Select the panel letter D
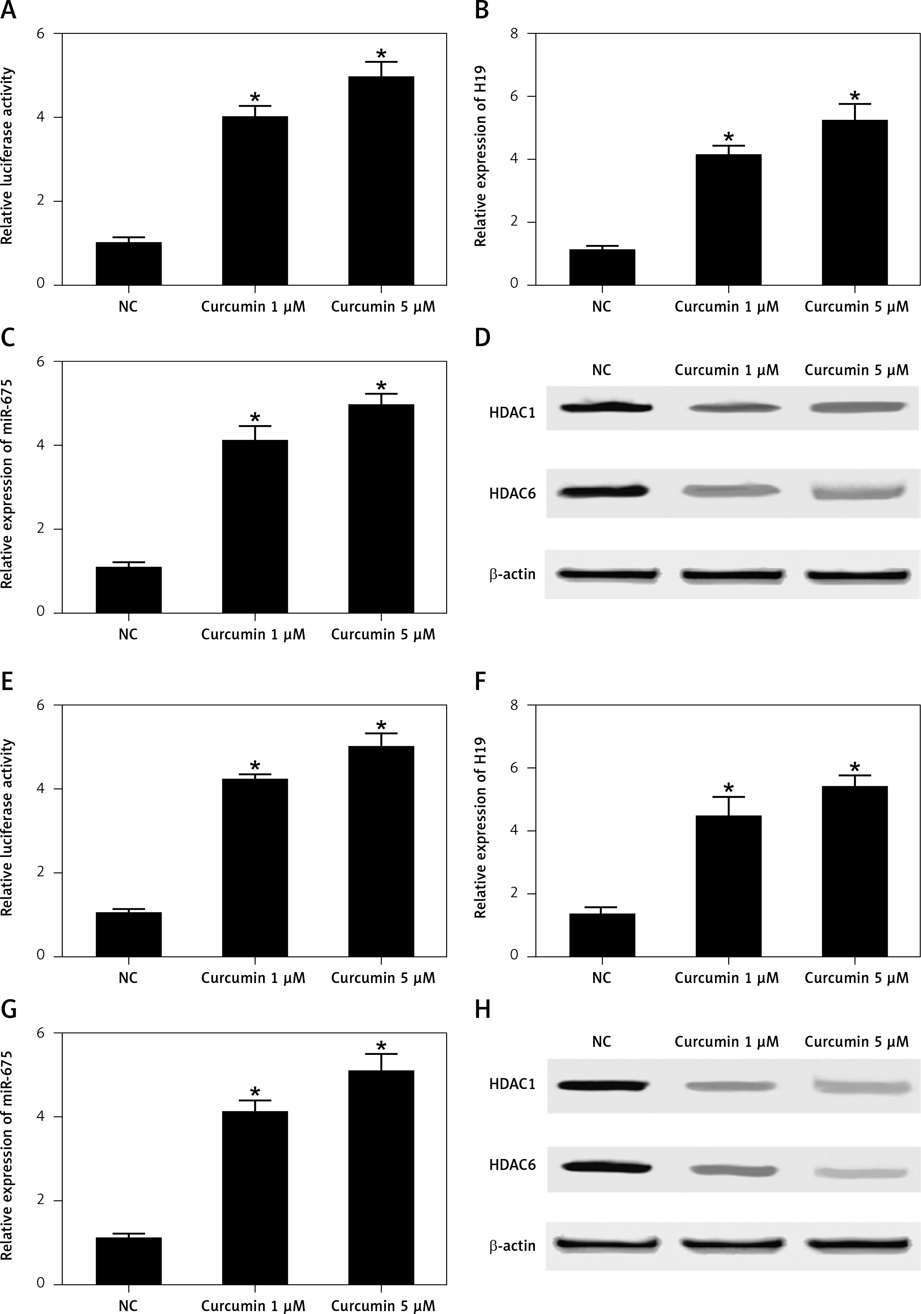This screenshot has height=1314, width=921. click(x=483, y=338)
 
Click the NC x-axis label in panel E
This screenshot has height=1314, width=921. click(x=128, y=978)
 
